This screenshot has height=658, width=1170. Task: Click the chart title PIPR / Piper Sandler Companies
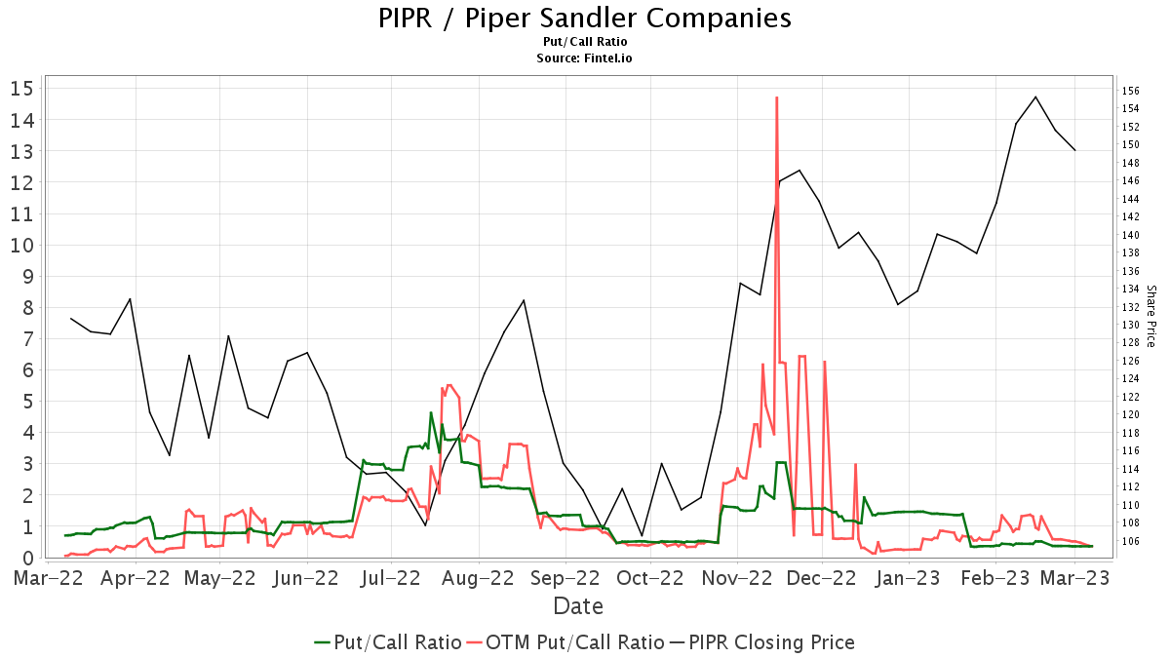tap(585, 19)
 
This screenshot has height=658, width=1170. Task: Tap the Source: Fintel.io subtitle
tap(585, 58)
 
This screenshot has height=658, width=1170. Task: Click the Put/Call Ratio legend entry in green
tap(388, 642)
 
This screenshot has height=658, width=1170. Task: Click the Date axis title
tap(578, 606)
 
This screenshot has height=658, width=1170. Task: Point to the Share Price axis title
tap(1150, 316)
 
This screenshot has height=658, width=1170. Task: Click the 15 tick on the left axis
tap(22, 89)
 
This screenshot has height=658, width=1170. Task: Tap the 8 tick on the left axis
tap(28, 308)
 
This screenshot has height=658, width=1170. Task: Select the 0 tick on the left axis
tap(28, 559)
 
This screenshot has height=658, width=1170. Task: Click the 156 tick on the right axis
tap(1131, 91)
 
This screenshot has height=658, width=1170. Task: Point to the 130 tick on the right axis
tap(1131, 325)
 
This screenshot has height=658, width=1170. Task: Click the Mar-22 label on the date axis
tap(49, 578)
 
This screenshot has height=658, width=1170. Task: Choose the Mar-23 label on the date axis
tap(1074, 578)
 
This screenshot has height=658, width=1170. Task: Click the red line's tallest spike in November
tap(776, 97)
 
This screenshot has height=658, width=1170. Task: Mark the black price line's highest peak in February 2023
tap(1035, 97)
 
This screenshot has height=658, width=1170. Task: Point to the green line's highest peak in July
tap(431, 412)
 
